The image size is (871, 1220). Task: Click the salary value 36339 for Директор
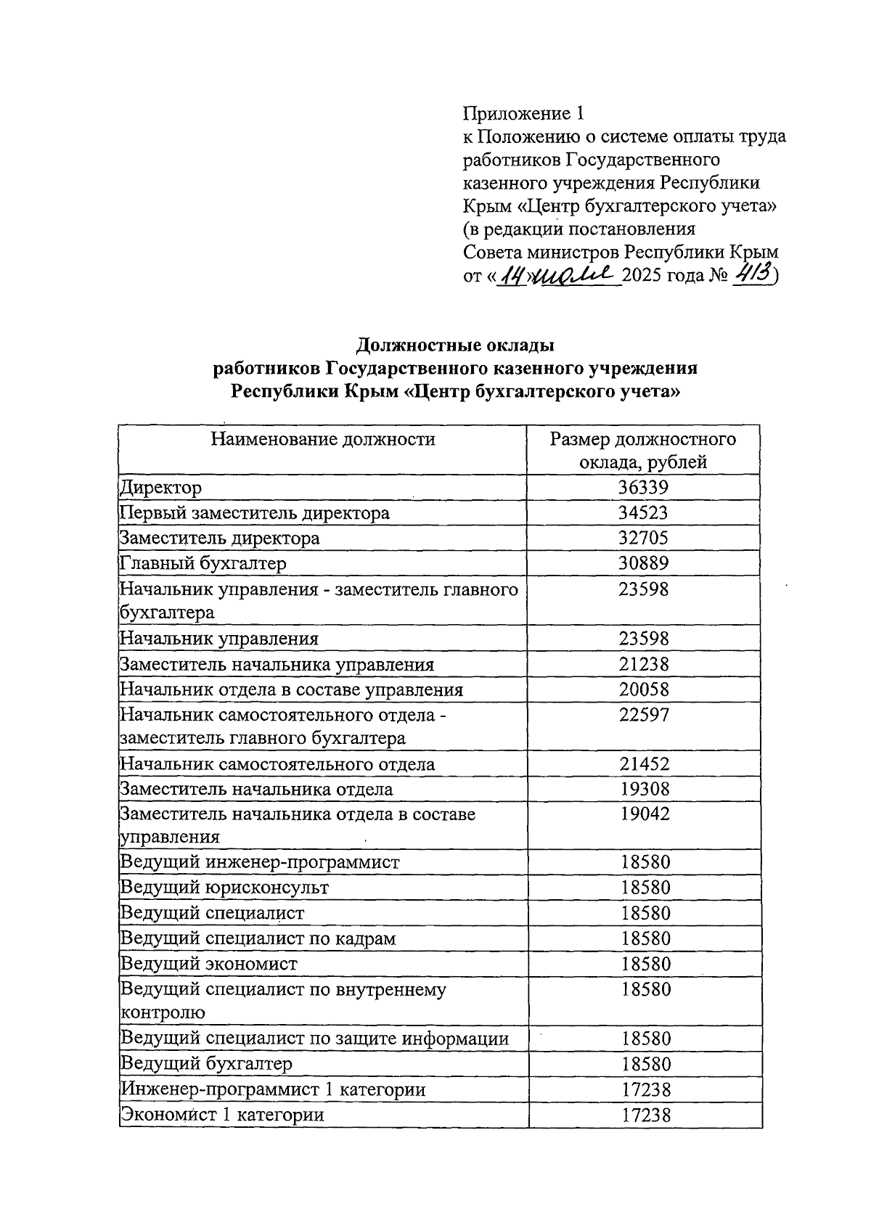tap(643, 488)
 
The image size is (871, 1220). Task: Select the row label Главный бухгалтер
tap(203, 563)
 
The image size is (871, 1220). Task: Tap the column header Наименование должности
tap(323, 439)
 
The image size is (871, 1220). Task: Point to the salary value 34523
tap(643, 513)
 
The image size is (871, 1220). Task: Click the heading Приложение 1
tap(523, 113)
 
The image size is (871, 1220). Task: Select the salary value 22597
tap(644, 715)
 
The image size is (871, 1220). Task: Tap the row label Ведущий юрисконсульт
tap(224, 888)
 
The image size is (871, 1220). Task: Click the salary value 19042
tap(644, 814)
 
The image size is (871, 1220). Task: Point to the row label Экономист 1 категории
tap(222, 1115)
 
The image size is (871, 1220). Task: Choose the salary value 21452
tap(644, 763)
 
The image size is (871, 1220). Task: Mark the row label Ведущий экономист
tap(209, 964)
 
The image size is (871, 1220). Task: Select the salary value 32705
tap(643, 539)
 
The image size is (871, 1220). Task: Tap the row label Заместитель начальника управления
tap(277, 665)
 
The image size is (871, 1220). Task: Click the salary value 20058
tap(644, 689)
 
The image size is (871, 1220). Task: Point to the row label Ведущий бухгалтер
tap(206, 1064)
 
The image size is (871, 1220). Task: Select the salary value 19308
tap(644, 789)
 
